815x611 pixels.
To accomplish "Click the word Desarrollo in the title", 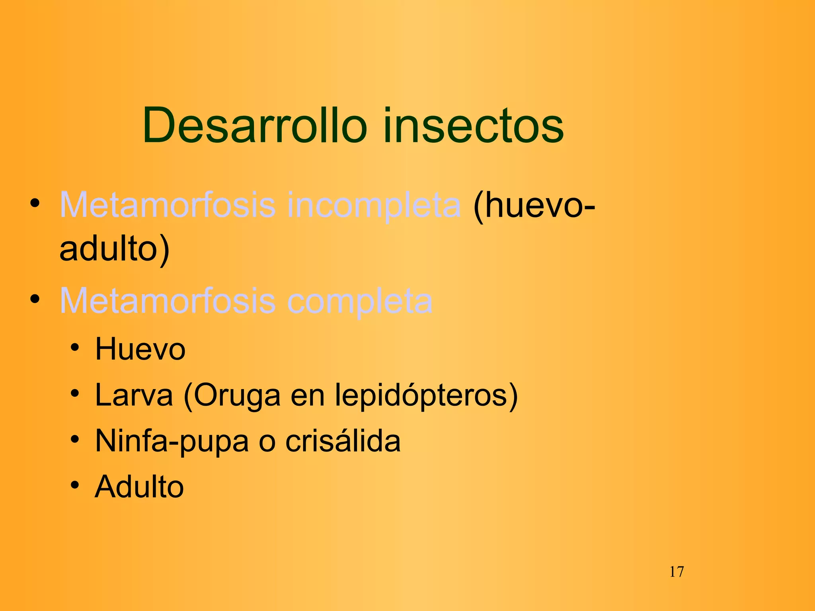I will point(255,126).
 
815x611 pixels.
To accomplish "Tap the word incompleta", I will point(373,206).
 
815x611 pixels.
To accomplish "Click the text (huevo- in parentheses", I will point(534,206).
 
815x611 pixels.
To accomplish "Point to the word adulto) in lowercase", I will point(115,249).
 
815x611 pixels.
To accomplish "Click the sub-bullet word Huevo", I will point(140,349).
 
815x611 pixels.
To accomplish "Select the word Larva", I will point(134,395).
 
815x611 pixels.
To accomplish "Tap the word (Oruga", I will point(232,396).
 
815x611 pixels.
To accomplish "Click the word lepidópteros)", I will point(426,396).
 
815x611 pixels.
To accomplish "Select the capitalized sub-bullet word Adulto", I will point(139,486).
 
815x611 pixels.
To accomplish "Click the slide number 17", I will point(677,572).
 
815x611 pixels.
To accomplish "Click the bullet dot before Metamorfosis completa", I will point(35,299).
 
